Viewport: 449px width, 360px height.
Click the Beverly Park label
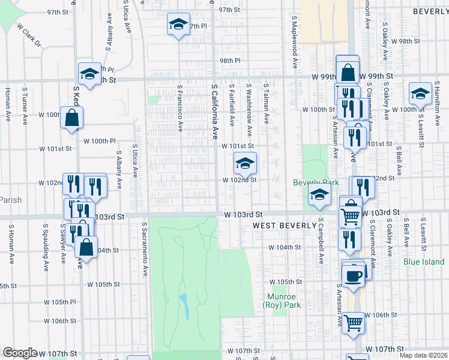coord(316,182)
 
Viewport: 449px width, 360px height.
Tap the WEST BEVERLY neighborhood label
coord(284,226)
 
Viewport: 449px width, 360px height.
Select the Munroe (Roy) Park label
coord(280,301)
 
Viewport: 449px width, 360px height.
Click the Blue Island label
coord(424,262)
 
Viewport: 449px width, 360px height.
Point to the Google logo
coord(20,353)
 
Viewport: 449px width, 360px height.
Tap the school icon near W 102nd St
coord(244,163)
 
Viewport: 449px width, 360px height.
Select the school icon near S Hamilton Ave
coord(420,93)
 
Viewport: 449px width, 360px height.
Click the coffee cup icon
coord(353,275)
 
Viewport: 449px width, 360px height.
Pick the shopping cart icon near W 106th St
coord(354,322)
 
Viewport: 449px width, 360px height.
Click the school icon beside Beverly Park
coord(319,194)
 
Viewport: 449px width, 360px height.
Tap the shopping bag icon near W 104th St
coord(86,247)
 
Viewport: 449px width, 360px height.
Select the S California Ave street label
coord(214,112)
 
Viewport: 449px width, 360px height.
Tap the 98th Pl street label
coord(229,61)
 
